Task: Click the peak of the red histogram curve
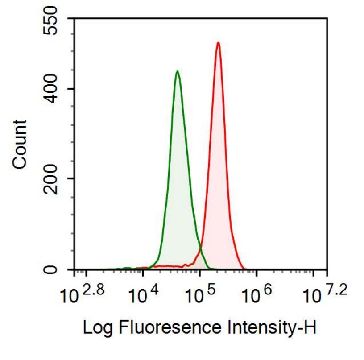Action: (218, 43)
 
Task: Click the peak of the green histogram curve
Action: (177, 71)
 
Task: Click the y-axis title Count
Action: (20, 144)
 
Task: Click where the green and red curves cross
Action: (199, 252)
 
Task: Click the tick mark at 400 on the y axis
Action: (71, 89)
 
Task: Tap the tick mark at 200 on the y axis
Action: (71, 178)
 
